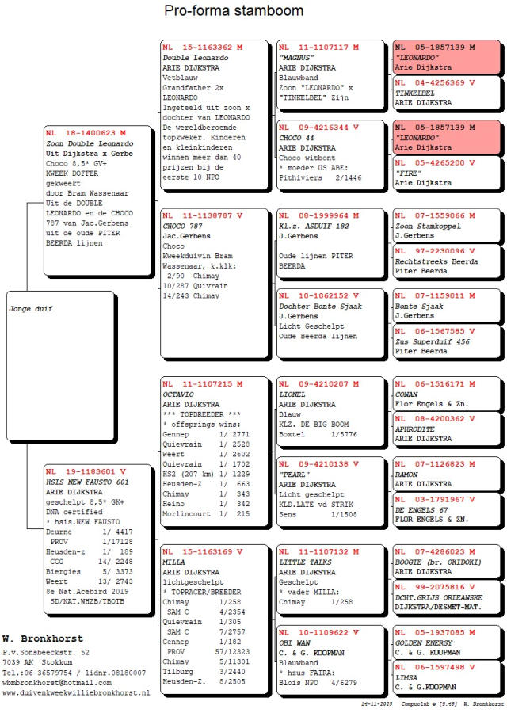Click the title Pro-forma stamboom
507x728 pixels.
pos(234,11)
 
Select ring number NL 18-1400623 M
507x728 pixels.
pos(86,133)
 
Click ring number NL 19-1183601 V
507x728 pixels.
pos(86,471)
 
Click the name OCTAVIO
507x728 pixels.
pos(179,394)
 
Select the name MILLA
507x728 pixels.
pos(173,562)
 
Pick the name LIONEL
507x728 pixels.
pos(292,394)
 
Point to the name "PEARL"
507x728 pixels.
pos(293,474)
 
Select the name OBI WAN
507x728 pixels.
pos(294,642)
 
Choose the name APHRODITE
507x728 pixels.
pos(415,428)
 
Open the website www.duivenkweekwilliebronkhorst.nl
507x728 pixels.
pos(76,692)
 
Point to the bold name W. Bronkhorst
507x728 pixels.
pos(32,638)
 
